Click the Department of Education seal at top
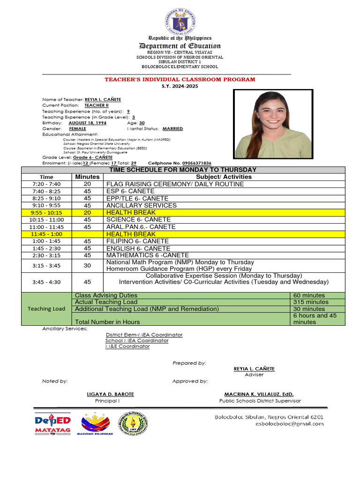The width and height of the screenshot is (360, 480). pos(180,20)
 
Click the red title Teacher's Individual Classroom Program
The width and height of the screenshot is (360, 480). pos(180,79)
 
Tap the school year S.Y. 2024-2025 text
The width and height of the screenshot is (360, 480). pos(180,86)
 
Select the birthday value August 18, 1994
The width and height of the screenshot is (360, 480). pos(87,123)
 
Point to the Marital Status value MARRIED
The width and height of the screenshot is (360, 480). pos(172,128)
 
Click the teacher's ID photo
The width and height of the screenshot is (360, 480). pos(273,124)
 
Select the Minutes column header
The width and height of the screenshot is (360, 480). pos(87,177)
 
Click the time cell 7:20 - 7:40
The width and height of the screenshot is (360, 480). pos(46,184)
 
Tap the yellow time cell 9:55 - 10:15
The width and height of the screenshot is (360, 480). pos(46,212)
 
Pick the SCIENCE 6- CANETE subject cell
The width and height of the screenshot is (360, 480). pos(135,219)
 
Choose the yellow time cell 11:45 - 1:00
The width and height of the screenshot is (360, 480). pos(46,234)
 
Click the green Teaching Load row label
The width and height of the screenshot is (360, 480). pos(46,308)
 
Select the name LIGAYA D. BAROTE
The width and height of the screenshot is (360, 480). pos(111,394)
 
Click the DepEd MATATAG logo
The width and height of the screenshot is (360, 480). pos(52,424)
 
